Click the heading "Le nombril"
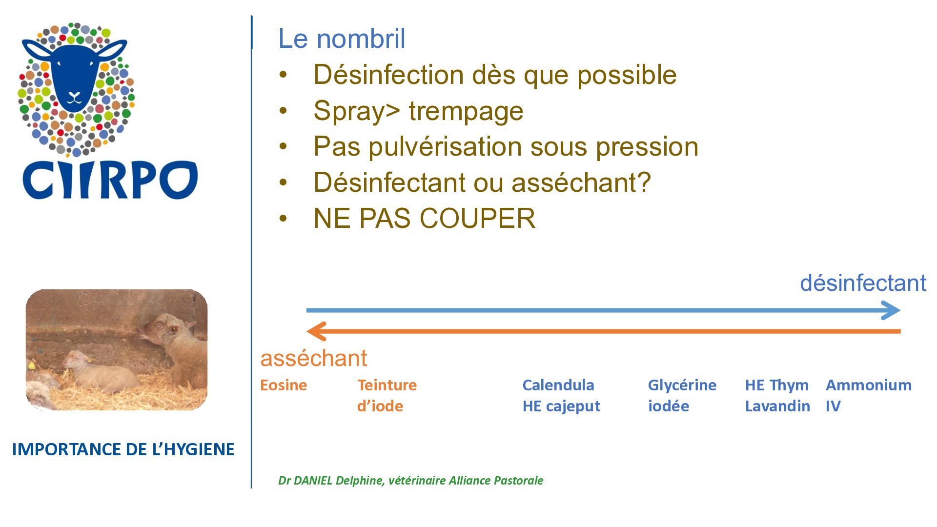(x=342, y=39)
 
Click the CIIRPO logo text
(x=110, y=180)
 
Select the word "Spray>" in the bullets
(x=357, y=111)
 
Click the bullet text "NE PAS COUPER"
(x=424, y=218)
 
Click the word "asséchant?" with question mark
(x=581, y=182)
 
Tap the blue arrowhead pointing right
(x=891, y=310)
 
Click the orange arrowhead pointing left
(x=316, y=331)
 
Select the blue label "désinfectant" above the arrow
(x=863, y=283)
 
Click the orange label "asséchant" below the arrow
(x=313, y=358)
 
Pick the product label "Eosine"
(x=284, y=385)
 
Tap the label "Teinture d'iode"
(x=387, y=395)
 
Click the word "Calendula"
(x=558, y=385)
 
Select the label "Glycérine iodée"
(x=682, y=395)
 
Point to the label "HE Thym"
(x=776, y=385)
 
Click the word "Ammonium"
(x=869, y=385)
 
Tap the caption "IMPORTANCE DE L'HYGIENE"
(x=123, y=449)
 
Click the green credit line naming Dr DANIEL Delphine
(x=410, y=481)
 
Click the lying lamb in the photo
(x=100, y=372)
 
